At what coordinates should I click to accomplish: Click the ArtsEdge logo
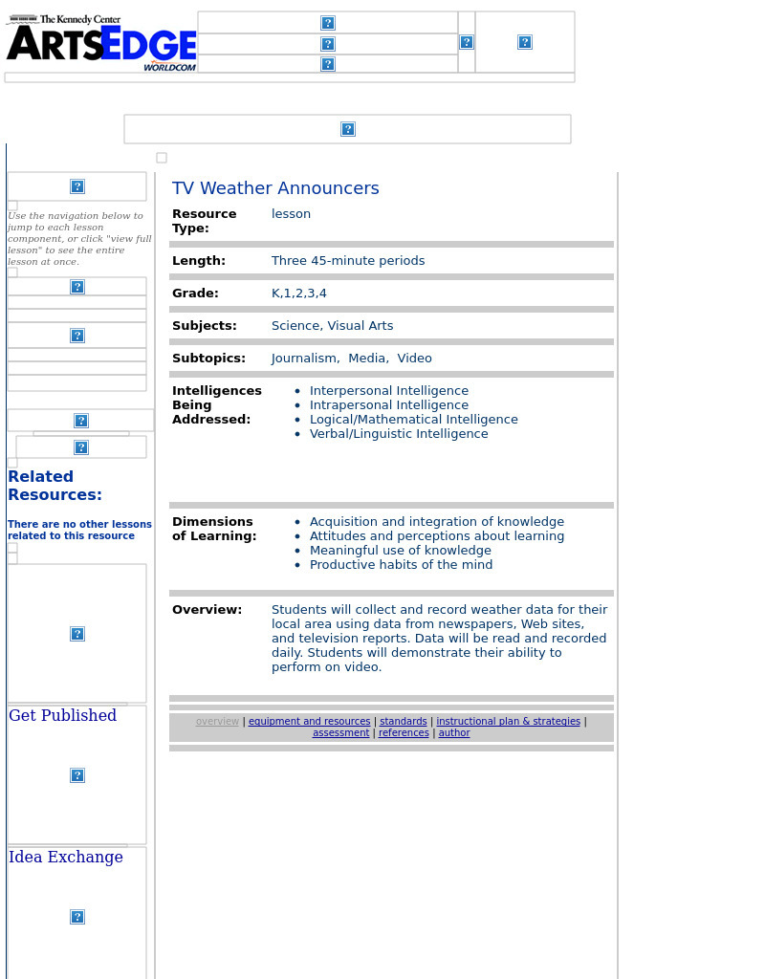[100, 43]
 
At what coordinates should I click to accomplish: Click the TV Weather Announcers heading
[275, 188]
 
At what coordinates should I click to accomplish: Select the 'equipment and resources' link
[309, 722]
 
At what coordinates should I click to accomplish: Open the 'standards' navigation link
[403, 722]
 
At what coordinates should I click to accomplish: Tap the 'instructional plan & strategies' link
[508, 722]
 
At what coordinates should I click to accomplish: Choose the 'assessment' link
[340, 733]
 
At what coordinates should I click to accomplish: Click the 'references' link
[404, 733]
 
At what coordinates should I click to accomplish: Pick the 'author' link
[454, 733]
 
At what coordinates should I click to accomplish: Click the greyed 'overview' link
[217, 722]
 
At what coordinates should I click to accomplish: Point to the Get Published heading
[62, 716]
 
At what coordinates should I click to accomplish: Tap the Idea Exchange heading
[66, 858]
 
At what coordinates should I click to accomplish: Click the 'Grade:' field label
[195, 294]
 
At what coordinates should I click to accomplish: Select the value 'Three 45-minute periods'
[348, 261]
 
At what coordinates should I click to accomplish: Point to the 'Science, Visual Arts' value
[332, 326]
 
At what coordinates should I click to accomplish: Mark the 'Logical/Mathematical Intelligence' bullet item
[413, 420]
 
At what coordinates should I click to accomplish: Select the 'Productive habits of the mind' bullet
[401, 565]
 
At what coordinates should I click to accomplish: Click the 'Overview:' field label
[207, 610]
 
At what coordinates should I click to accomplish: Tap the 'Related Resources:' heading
[55, 486]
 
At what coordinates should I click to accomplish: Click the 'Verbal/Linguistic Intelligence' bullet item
[399, 434]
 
